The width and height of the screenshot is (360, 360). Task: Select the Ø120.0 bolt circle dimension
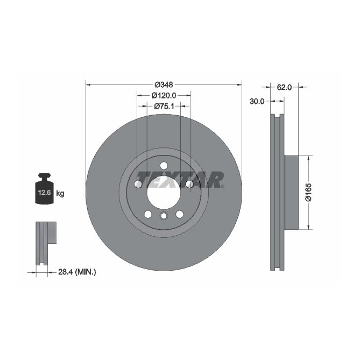tap(164, 95)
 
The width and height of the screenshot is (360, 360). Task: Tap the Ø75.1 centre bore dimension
tap(164, 107)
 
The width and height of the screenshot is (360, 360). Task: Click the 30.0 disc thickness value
tap(257, 101)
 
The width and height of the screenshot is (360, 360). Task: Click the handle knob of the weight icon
tap(44, 177)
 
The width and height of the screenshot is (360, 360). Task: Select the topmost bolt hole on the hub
tap(164, 166)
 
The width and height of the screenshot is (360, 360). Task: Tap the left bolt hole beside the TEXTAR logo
tap(138, 185)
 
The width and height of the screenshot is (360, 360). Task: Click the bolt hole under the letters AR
tap(189, 185)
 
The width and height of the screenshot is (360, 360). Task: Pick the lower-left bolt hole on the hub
tap(147, 214)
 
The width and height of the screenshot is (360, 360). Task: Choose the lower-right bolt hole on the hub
tap(179, 214)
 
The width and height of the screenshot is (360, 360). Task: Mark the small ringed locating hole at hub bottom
tap(164, 216)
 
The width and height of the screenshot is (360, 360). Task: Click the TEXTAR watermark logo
tap(180, 179)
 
